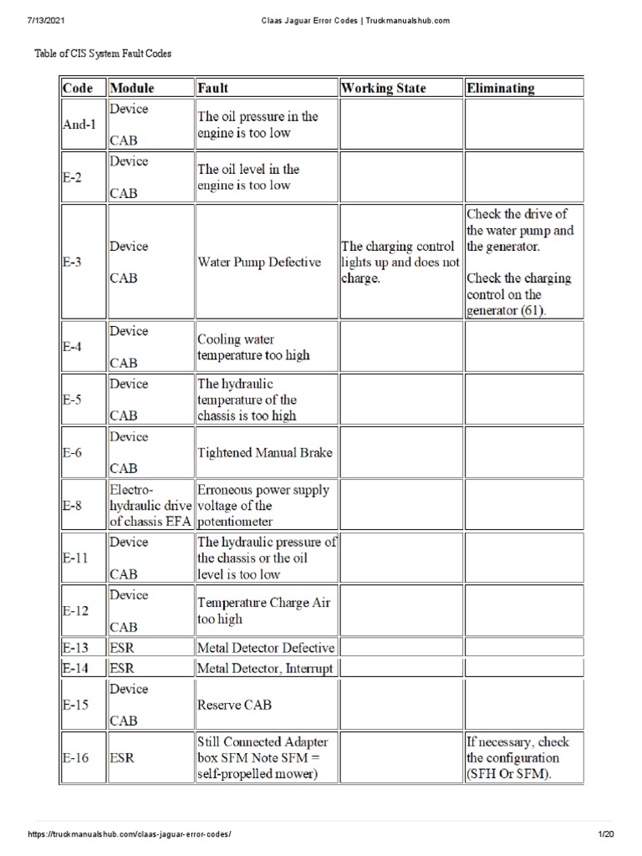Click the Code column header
pyautogui.click(x=77, y=88)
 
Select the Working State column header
pyautogui.click(x=384, y=88)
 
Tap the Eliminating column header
pyautogui.click(x=502, y=88)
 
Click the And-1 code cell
pyautogui.click(x=79, y=125)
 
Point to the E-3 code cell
pyautogui.click(x=73, y=262)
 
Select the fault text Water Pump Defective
pyautogui.click(x=259, y=262)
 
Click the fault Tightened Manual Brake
pyautogui.click(x=265, y=453)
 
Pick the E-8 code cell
pyautogui.click(x=73, y=506)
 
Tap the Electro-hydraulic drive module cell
pyautogui.click(x=150, y=506)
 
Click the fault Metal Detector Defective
pyautogui.click(x=266, y=647)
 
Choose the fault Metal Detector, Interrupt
pyautogui.click(x=265, y=668)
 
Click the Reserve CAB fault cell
pyautogui.click(x=234, y=705)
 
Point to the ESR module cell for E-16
pyautogui.click(x=122, y=758)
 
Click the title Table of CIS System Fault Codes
pyautogui.click(x=102, y=53)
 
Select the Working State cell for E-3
pyautogui.click(x=400, y=262)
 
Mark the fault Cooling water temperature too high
pyautogui.click(x=253, y=347)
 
